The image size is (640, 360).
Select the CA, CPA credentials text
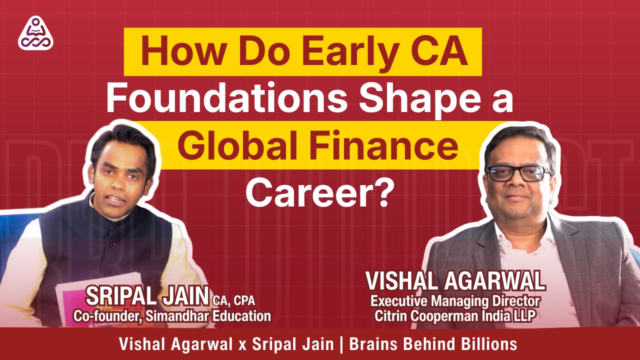(234, 300)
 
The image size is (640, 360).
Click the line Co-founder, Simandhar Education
(172, 316)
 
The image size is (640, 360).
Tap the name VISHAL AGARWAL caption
(455, 281)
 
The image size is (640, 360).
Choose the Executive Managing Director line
(455, 301)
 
